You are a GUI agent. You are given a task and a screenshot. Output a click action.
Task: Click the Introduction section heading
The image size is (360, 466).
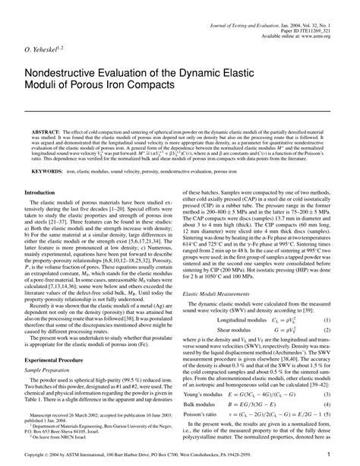tap(46, 215)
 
